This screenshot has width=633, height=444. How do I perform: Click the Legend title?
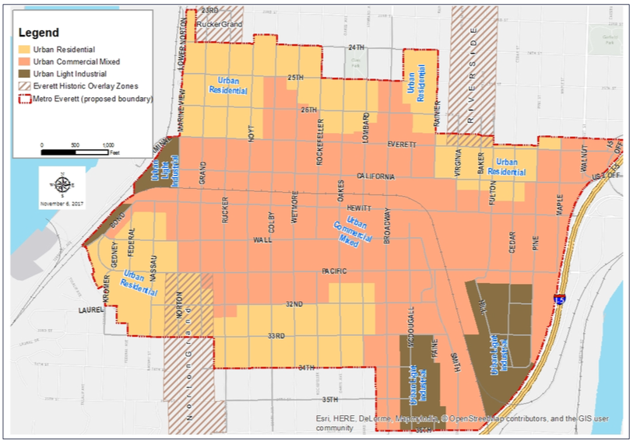[x=40, y=33]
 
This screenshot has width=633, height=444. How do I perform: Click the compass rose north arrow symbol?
[x=62, y=185]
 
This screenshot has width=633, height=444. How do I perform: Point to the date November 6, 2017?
[x=62, y=204]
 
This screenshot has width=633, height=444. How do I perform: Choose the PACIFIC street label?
[x=334, y=271]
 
